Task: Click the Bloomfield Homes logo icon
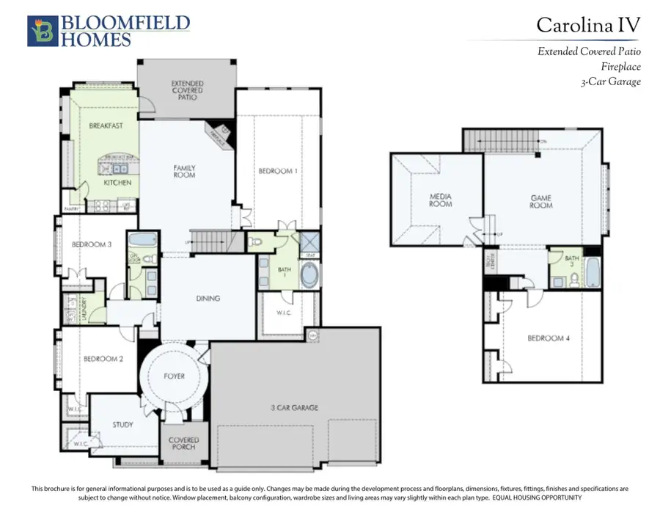(42, 32)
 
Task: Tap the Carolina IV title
(588, 25)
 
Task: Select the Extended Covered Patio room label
(188, 90)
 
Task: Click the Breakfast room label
(106, 125)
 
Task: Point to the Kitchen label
(117, 181)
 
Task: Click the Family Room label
(184, 172)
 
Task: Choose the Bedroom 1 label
(278, 171)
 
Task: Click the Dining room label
(208, 299)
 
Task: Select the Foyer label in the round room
(174, 376)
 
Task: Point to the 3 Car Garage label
(293, 407)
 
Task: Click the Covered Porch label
(183, 445)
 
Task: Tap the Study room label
(122, 424)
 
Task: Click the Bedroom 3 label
(91, 245)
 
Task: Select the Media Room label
(441, 200)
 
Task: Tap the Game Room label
(541, 201)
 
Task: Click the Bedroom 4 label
(547, 338)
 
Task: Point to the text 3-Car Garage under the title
(609, 81)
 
